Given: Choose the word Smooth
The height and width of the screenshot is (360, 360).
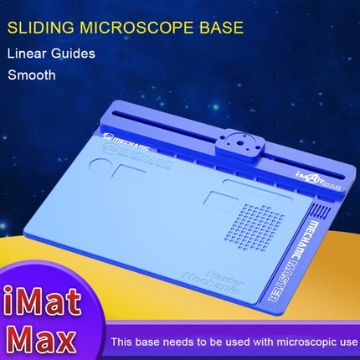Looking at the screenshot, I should (x=32, y=75).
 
